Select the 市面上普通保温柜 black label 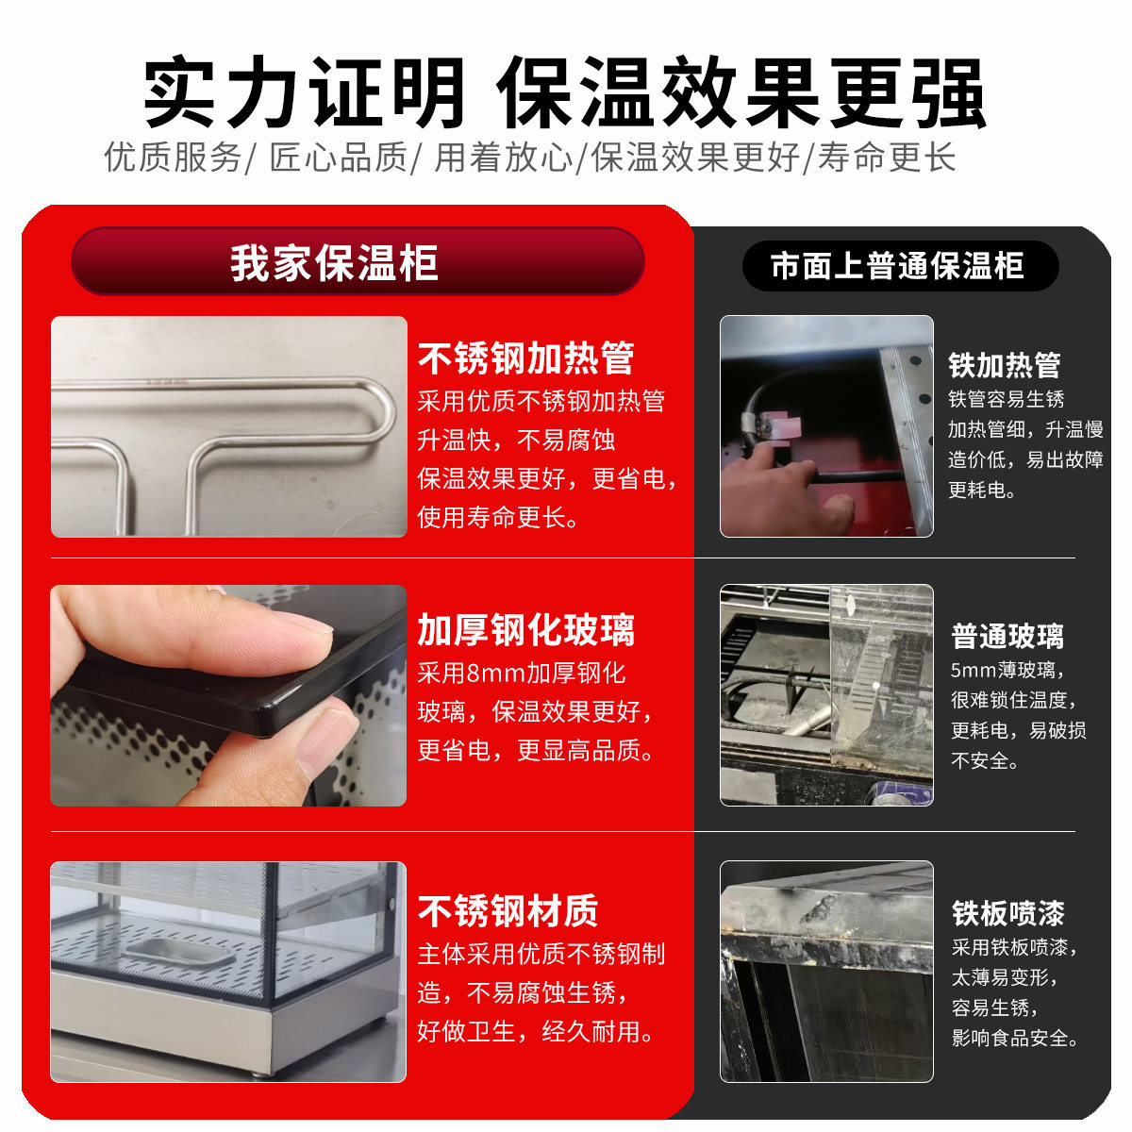[900, 266]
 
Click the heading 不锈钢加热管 [525, 358]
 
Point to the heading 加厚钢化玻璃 [525, 630]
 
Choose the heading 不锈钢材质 [508, 911]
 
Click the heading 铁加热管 [1005, 365]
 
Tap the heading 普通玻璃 [1007, 637]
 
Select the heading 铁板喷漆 [1007, 913]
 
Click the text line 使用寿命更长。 [499, 517]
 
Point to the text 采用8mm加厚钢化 [522, 674]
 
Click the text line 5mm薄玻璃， [1007, 671]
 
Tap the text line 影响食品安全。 [1015, 1038]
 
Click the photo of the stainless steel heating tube [228, 426]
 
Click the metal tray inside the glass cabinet [179, 953]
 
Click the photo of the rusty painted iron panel [826, 972]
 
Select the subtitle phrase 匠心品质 [339, 158]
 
